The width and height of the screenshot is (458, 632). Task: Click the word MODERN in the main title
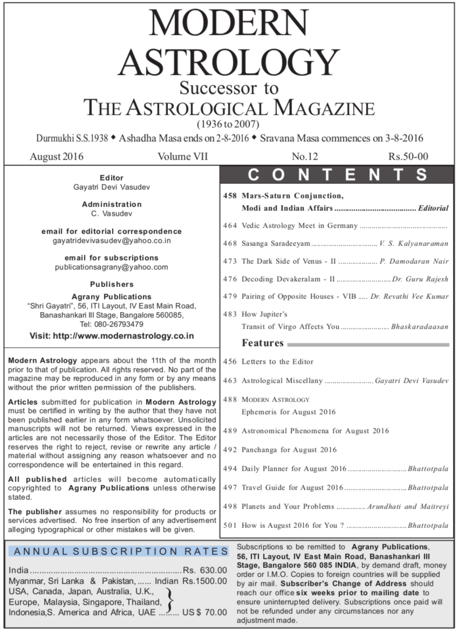pyautogui.click(x=229, y=24)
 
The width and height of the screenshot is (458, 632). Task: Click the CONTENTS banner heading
pyautogui.click(x=338, y=175)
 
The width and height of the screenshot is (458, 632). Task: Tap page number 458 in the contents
pyautogui.click(x=230, y=195)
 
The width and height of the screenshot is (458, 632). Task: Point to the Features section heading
pyautogui.click(x=263, y=344)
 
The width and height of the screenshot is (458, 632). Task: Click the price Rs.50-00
pyautogui.click(x=408, y=157)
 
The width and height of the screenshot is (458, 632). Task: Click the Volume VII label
pyautogui.click(x=183, y=157)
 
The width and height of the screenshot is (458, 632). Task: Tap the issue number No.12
pyautogui.click(x=305, y=157)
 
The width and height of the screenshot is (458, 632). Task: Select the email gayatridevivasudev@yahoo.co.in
pyautogui.click(x=112, y=240)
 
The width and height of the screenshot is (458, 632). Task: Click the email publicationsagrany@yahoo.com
pyautogui.click(x=112, y=267)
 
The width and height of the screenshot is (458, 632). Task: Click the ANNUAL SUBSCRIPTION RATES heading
pyautogui.click(x=120, y=552)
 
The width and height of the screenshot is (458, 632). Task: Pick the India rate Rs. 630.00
pyautogui.click(x=205, y=570)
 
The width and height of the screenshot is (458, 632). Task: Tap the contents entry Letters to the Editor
pyautogui.click(x=277, y=361)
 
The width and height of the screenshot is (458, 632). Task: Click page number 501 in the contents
pyautogui.click(x=230, y=525)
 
